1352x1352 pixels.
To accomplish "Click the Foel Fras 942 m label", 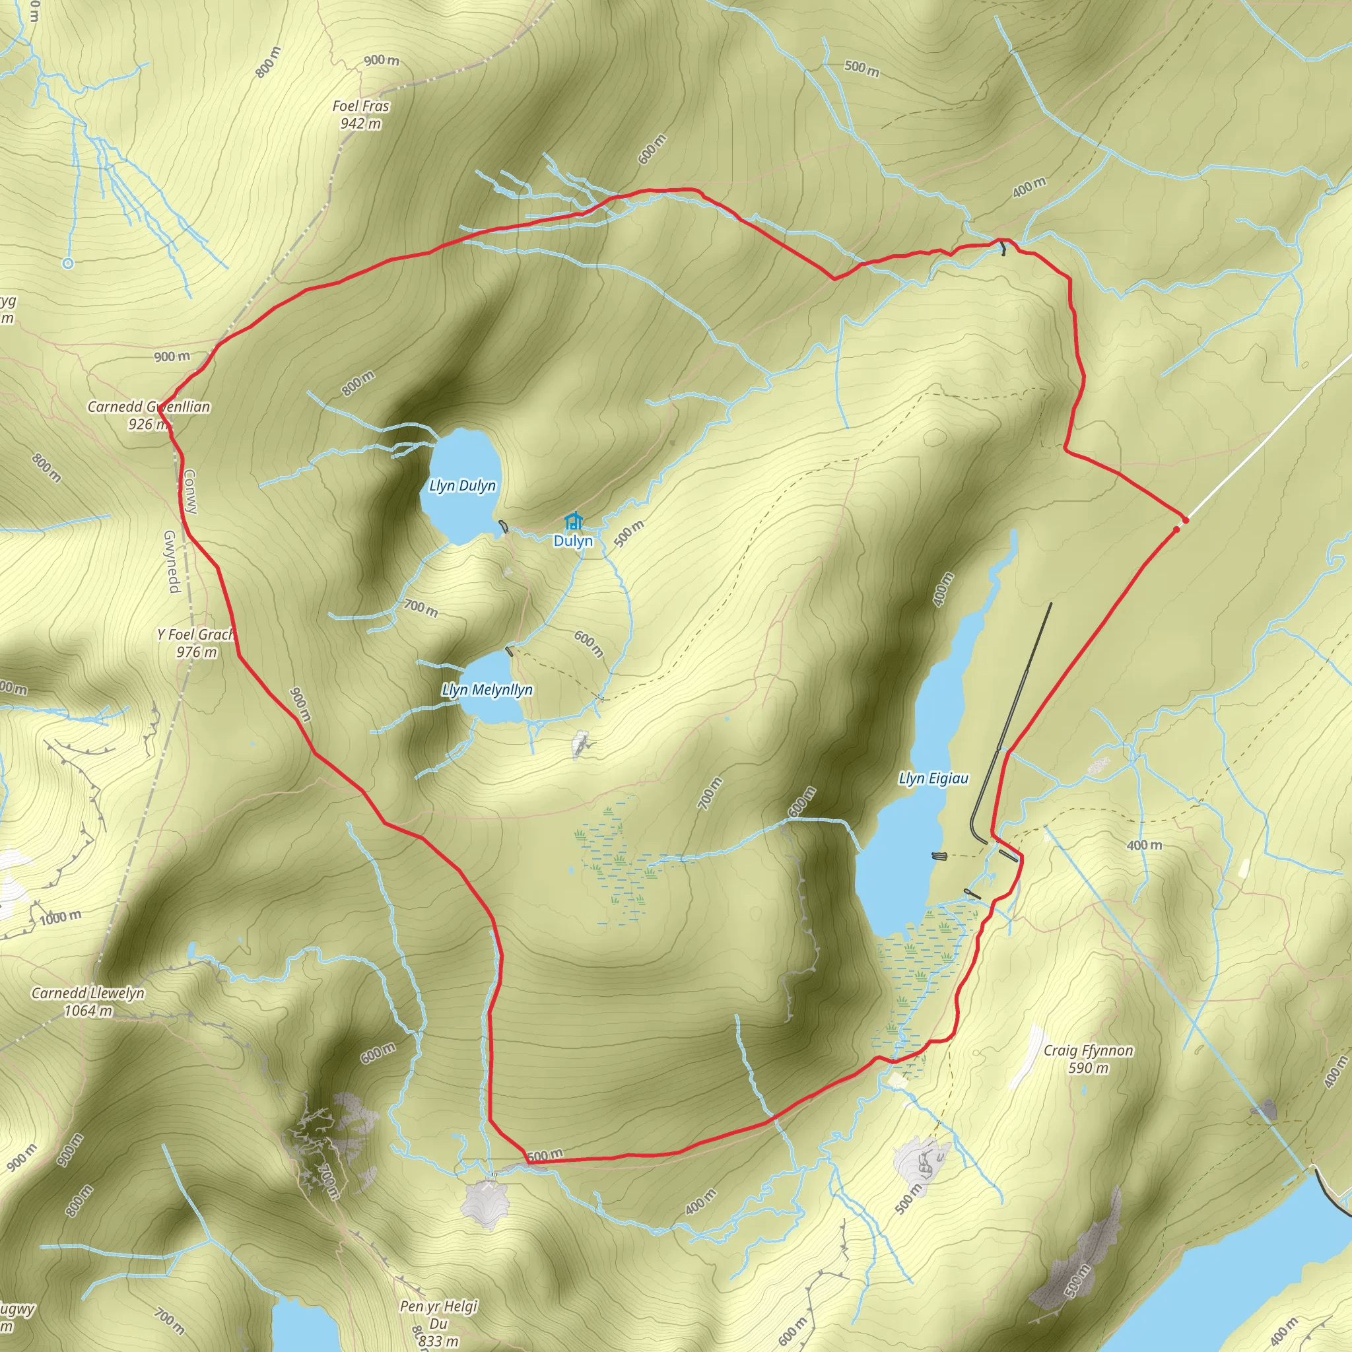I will click(x=360, y=115).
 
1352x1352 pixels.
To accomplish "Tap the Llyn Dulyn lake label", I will click(x=463, y=486).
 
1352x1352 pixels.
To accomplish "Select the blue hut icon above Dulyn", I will click(x=574, y=522).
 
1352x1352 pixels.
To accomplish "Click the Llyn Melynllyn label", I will click(x=487, y=690).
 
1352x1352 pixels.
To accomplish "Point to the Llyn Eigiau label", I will click(x=933, y=778).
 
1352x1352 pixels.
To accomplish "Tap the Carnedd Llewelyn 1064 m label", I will click(x=88, y=1001).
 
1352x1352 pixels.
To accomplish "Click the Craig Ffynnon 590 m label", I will click(x=1088, y=1059).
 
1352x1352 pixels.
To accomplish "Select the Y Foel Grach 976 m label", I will click(x=196, y=643).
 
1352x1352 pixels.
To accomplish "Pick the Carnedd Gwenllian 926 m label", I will click(x=149, y=415).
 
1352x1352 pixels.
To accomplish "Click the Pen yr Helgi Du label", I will click(x=439, y=1314).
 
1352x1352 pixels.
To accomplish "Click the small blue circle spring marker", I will click(x=68, y=263).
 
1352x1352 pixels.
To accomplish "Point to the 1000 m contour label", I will click(x=60, y=918).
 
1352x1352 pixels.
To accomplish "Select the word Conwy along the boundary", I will click(x=190, y=491).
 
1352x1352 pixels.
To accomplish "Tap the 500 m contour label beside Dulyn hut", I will click(x=628, y=533).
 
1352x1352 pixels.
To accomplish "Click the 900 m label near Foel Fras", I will click(x=382, y=61).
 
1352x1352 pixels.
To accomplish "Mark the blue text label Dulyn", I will click(x=573, y=541).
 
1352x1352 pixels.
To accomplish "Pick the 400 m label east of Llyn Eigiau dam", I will click(x=1144, y=846).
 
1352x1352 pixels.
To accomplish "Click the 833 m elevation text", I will click(x=439, y=1341).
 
